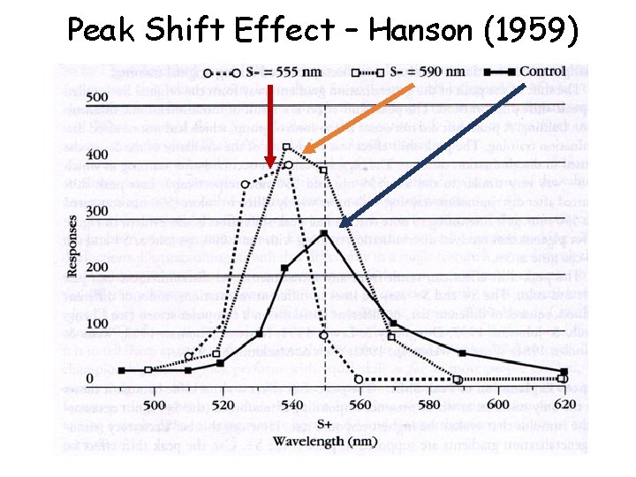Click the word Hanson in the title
(x=421, y=31)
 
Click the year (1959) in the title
(x=530, y=32)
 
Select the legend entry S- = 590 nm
(x=405, y=71)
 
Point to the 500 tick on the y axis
(x=96, y=96)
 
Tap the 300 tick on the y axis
(x=96, y=211)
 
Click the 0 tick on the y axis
(x=102, y=380)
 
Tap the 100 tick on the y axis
(x=96, y=324)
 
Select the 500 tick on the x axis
(x=154, y=404)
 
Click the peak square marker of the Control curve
(x=325, y=233)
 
